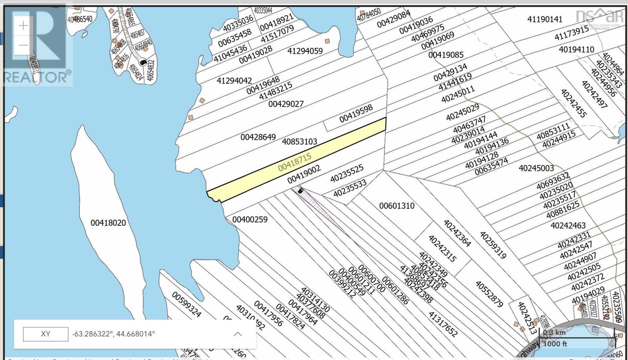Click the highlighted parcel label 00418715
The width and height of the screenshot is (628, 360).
click(x=294, y=162)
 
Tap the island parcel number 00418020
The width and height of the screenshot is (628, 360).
click(x=108, y=223)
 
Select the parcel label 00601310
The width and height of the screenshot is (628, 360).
click(x=396, y=206)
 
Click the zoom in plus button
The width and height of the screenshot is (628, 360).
click(x=23, y=26)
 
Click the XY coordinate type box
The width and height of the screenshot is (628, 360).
click(x=46, y=334)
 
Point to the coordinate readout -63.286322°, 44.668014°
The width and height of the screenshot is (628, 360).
click(x=113, y=334)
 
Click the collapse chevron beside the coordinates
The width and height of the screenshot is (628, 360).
click(x=237, y=334)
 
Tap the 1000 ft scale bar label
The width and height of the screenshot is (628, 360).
click(x=555, y=344)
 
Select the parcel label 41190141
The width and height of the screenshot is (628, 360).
click(x=544, y=19)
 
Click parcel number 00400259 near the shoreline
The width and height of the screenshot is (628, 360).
click(x=250, y=219)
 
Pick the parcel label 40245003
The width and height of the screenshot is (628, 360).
click(x=536, y=168)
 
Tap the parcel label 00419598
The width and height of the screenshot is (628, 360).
click(x=356, y=113)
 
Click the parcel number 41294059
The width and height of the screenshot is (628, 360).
click(x=305, y=51)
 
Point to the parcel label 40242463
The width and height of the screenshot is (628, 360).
click(x=568, y=225)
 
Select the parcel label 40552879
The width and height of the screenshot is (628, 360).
click(x=489, y=294)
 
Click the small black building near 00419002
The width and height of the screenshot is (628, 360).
click(x=301, y=191)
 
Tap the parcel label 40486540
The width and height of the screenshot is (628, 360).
click(x=80, y=18)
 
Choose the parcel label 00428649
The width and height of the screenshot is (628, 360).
click(x=258, y=137)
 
